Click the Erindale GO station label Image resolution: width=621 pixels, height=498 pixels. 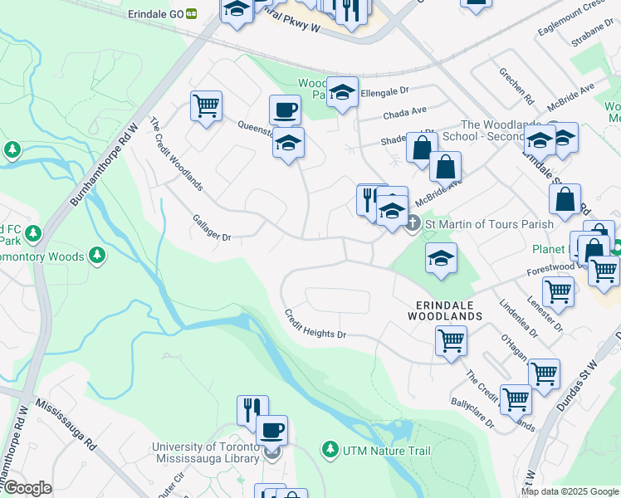[156, 14]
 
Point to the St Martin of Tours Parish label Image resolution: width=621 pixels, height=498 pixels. [477, 224]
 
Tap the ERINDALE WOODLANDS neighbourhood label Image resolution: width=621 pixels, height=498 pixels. [445, 310]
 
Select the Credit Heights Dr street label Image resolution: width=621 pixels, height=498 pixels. [314, 324]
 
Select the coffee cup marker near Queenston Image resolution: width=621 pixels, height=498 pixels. [285, 109]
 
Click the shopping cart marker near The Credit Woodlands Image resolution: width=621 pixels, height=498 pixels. [205, 105]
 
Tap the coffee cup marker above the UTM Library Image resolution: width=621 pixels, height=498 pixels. [271, 430]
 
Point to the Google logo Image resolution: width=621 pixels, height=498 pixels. [27, 488]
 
